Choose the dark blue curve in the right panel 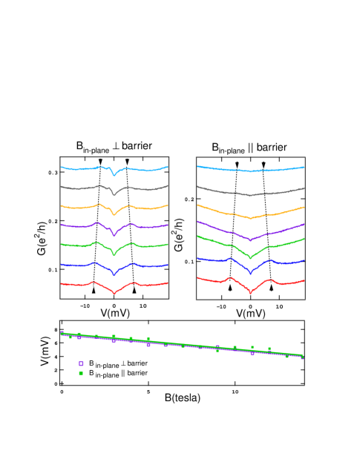point(215,260)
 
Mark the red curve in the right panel point(215,280)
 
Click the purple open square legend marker point(81,363)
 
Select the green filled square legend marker point(81,373)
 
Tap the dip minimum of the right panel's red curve point(250,293)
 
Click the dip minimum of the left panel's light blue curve point(114,176)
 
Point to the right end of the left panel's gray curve point(168,185)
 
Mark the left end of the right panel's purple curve point(197,221)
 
